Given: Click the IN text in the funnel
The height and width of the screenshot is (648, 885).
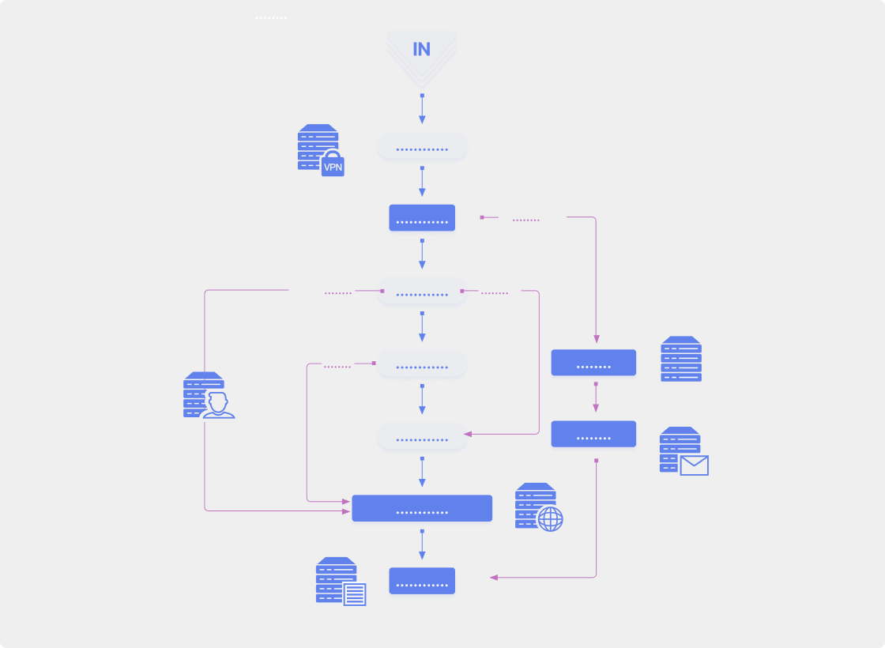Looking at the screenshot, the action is [422, 49].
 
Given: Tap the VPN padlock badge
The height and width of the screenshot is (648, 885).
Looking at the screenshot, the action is [333, 164].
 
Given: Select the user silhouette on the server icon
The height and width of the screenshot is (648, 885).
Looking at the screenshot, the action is [218, 405].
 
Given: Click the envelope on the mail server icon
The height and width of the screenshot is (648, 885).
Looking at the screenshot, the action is [695, 465].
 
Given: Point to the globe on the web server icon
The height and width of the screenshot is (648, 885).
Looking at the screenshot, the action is [550, 518].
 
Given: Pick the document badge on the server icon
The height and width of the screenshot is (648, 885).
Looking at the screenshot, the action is [355, 594].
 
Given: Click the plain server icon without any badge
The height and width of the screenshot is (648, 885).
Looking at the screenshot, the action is [681, 359].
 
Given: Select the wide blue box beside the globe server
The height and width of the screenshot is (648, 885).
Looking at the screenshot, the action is [422, 508].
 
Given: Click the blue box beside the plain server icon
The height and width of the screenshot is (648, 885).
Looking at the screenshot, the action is [593, 363].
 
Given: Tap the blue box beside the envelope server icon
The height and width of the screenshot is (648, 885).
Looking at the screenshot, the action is [593, 434].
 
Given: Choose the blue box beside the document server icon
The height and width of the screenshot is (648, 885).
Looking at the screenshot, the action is [422, 581].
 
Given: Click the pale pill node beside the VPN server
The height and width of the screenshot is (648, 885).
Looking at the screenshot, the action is [422, 145].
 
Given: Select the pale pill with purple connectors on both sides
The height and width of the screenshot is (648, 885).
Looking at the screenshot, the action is [422, 291].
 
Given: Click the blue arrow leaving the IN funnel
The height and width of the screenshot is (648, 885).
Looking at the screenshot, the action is [422, 108].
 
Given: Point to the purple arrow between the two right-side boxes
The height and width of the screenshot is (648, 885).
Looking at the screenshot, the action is [596, 397].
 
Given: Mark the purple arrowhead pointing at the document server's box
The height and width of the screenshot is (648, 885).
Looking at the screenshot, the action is [494, 578].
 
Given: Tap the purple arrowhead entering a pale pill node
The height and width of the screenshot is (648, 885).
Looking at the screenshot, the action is [468, 434].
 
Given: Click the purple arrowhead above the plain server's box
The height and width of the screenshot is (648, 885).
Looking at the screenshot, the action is [597, 339].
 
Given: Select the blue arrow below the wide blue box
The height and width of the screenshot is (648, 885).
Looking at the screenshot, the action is [422, 544].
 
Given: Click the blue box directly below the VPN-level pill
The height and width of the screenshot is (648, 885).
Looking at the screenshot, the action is [422, 218].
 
